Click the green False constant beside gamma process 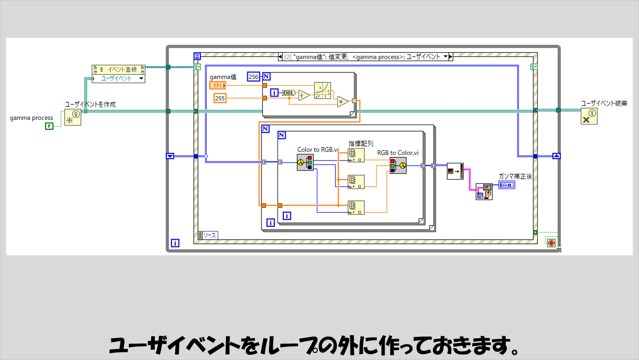tap(49, 126)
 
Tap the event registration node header tap(118, 69)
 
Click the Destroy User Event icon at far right tap(589, 116)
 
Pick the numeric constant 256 tap(254, 76)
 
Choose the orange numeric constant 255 tap(219, 98)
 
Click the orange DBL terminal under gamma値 tap(218, 85)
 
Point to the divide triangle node tap(304, 95)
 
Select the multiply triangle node tap(342, 101)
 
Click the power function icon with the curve tap(323, 90)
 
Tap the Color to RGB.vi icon tap(305, 162)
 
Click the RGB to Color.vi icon tap(398, 166)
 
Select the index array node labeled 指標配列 tap(356, 155)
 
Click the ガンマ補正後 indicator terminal tap(506, 185)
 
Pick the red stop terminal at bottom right tap(551, 243)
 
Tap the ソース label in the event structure tap(209, 235)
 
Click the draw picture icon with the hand tap(484, 192)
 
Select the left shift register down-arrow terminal tap(171, 156)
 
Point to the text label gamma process tap(31, 118)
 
